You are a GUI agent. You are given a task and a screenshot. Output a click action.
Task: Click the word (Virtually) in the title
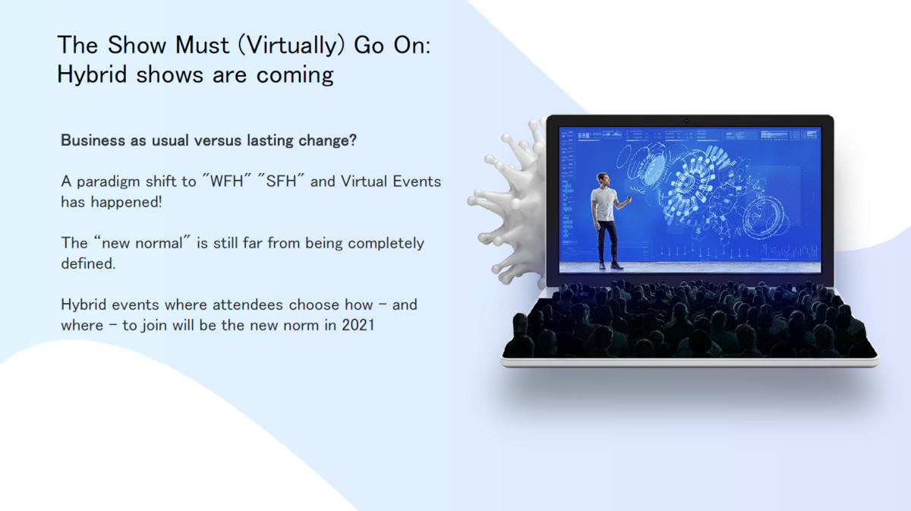[x=292, y=45]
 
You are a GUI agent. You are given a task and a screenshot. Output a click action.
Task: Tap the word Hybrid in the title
[x=92, y=74]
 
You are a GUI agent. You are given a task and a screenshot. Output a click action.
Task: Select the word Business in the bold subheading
[x=93, y=140]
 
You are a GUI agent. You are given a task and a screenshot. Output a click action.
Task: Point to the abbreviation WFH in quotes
[x=226, y=181]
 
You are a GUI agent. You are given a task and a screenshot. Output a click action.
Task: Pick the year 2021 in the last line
[x=358, y=325]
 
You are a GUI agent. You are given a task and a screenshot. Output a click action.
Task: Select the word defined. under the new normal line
[x=88, y=263]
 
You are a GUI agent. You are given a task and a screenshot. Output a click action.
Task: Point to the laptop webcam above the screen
[x=686, y=121]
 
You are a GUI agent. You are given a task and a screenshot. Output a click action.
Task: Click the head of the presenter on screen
[x=602, y=179]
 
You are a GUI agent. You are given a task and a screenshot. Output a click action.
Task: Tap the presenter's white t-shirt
[x=604, y=204]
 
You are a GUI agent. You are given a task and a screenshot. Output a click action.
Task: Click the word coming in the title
[x=295, y=76]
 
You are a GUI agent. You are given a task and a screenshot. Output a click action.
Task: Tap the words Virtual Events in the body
[x=391, y=181]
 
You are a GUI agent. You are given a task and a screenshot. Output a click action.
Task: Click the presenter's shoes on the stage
[x=610, y=266]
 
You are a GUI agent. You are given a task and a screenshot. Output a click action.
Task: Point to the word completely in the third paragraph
[x=386, y=243]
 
